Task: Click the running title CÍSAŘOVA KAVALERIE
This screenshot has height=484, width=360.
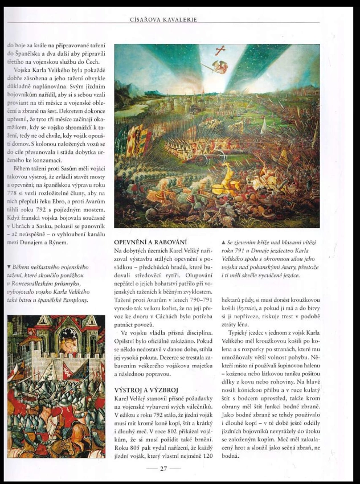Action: click(164, 19)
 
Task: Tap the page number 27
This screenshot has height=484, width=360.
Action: click(163, 468)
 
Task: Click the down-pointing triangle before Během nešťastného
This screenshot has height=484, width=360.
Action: click(9, 266)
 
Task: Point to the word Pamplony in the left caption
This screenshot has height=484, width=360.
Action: click(74, 299)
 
